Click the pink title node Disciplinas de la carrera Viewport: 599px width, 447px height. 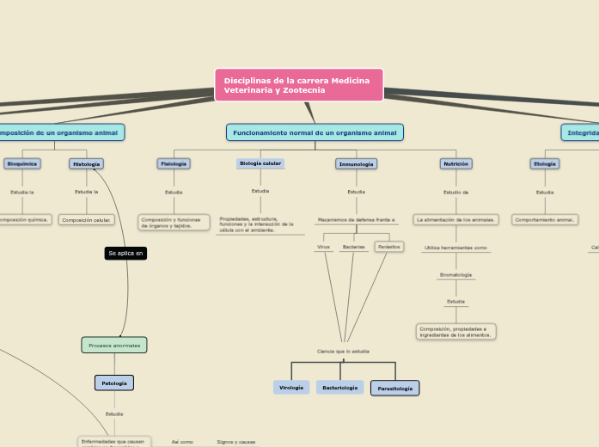pos(298,85)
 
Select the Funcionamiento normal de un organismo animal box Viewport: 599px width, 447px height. pos(315,132)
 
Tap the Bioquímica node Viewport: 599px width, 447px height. pos(22,163)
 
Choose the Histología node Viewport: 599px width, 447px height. pos(86,163)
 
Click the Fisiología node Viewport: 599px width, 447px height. pos(174,163)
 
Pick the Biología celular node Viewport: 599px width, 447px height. pos(260,163)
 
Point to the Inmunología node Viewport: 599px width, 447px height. pos(356,163)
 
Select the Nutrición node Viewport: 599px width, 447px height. pos(455,163)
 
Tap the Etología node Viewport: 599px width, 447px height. pos(545,163)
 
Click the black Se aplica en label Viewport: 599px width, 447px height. pos(125,253)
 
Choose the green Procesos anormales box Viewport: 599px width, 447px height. pos(114,345)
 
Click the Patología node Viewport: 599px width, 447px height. pos(114,383)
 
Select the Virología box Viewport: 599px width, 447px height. pos(291,388)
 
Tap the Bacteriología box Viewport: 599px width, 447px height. pos(339,388)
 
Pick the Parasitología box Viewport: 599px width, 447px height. pos(395,389)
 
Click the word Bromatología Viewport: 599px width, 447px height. pos(455,275)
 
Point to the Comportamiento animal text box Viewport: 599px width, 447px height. pos(545,220)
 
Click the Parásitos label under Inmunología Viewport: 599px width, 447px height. pos(389,247)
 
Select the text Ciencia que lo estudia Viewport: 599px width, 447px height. pos(343,351)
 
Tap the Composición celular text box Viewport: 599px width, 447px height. pos(86,220)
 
